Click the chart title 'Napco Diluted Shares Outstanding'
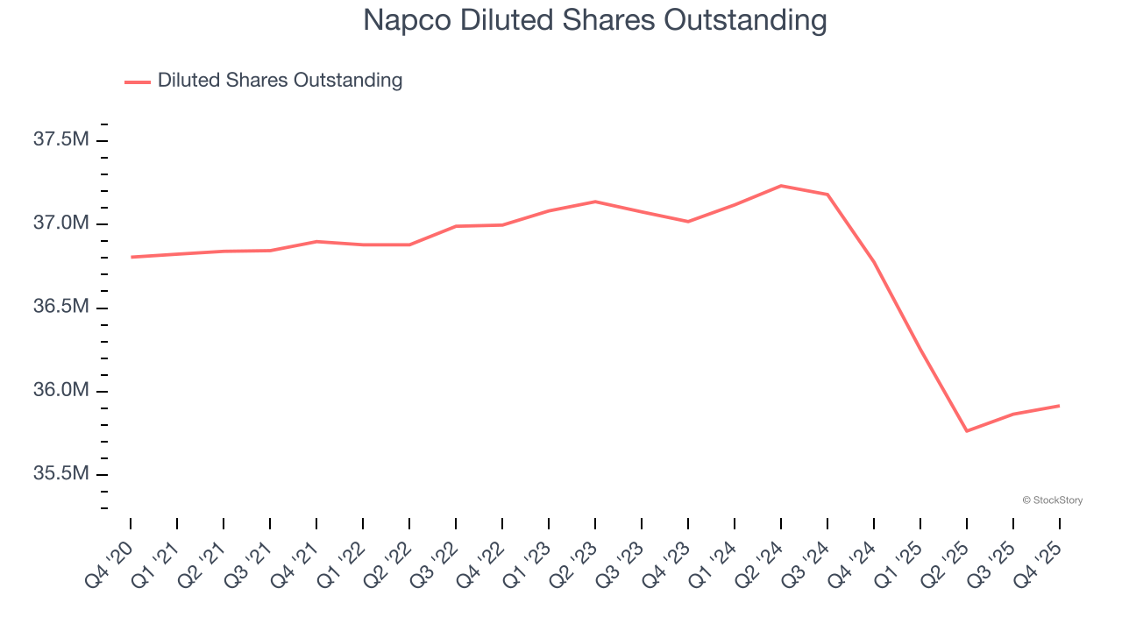pos(595,20)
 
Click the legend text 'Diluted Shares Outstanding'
pos(280,81)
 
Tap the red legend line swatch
pos(138,82)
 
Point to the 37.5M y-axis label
pos(60,139)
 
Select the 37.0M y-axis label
pos(60,223)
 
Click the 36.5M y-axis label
pos(60,307)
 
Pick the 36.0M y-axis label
pos(60,390)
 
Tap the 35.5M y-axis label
pos(60,474)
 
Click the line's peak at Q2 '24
pos(781,186)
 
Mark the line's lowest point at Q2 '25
pos(967,431)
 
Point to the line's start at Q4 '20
pos(131,257)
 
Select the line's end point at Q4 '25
pos(1059,406)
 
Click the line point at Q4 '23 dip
pos(688,222)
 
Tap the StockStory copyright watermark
pos(1052,500)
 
